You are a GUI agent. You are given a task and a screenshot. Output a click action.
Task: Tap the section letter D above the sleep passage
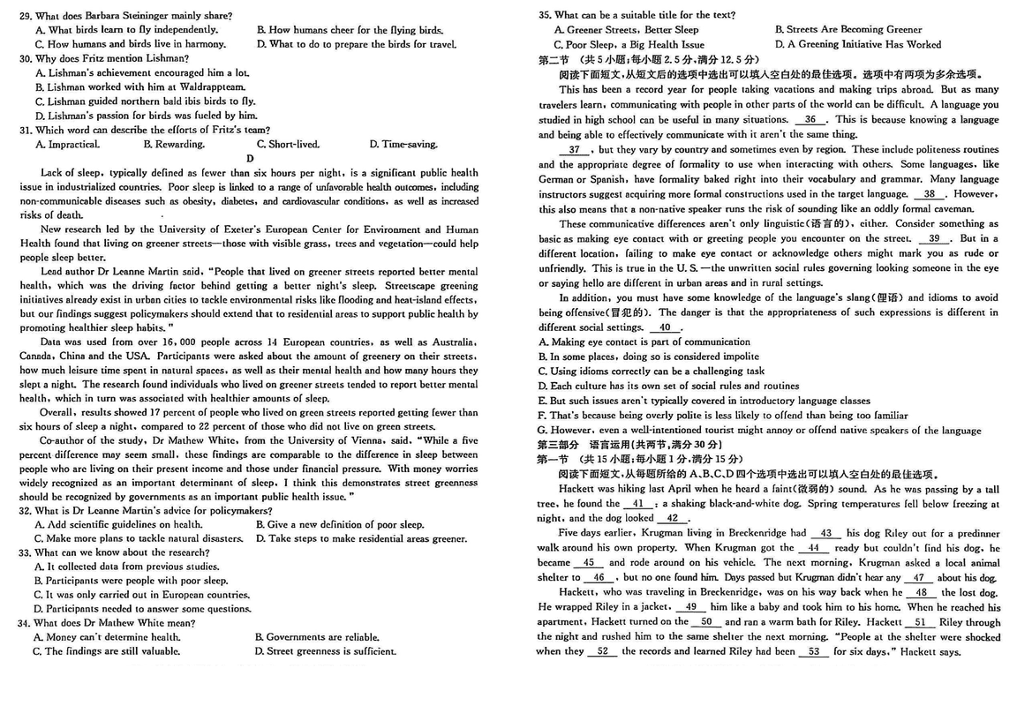pos(250,159)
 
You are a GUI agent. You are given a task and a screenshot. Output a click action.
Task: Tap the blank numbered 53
pos(813,651)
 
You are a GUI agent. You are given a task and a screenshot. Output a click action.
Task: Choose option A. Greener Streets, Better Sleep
pos(626,30)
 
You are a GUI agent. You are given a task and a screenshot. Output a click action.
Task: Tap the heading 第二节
pos(554,59)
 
